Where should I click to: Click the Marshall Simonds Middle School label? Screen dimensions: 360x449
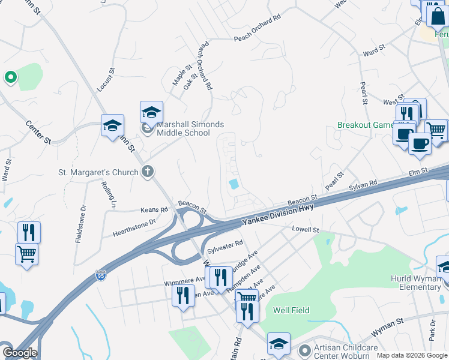pos(190,128)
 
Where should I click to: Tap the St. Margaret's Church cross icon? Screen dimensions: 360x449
pos(148,173)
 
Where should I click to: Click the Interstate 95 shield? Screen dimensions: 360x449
pos(101,276)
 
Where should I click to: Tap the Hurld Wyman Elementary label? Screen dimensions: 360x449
pos(415,283)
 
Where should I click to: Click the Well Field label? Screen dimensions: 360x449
pos(291,310)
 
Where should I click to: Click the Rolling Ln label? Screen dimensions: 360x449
pos(108,194)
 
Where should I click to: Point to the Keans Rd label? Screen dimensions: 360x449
pos(155,210)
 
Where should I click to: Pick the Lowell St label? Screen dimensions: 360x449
pos(304,229)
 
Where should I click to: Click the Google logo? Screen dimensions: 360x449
pos(19,353)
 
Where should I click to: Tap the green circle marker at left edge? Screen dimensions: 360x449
pos(10,77)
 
